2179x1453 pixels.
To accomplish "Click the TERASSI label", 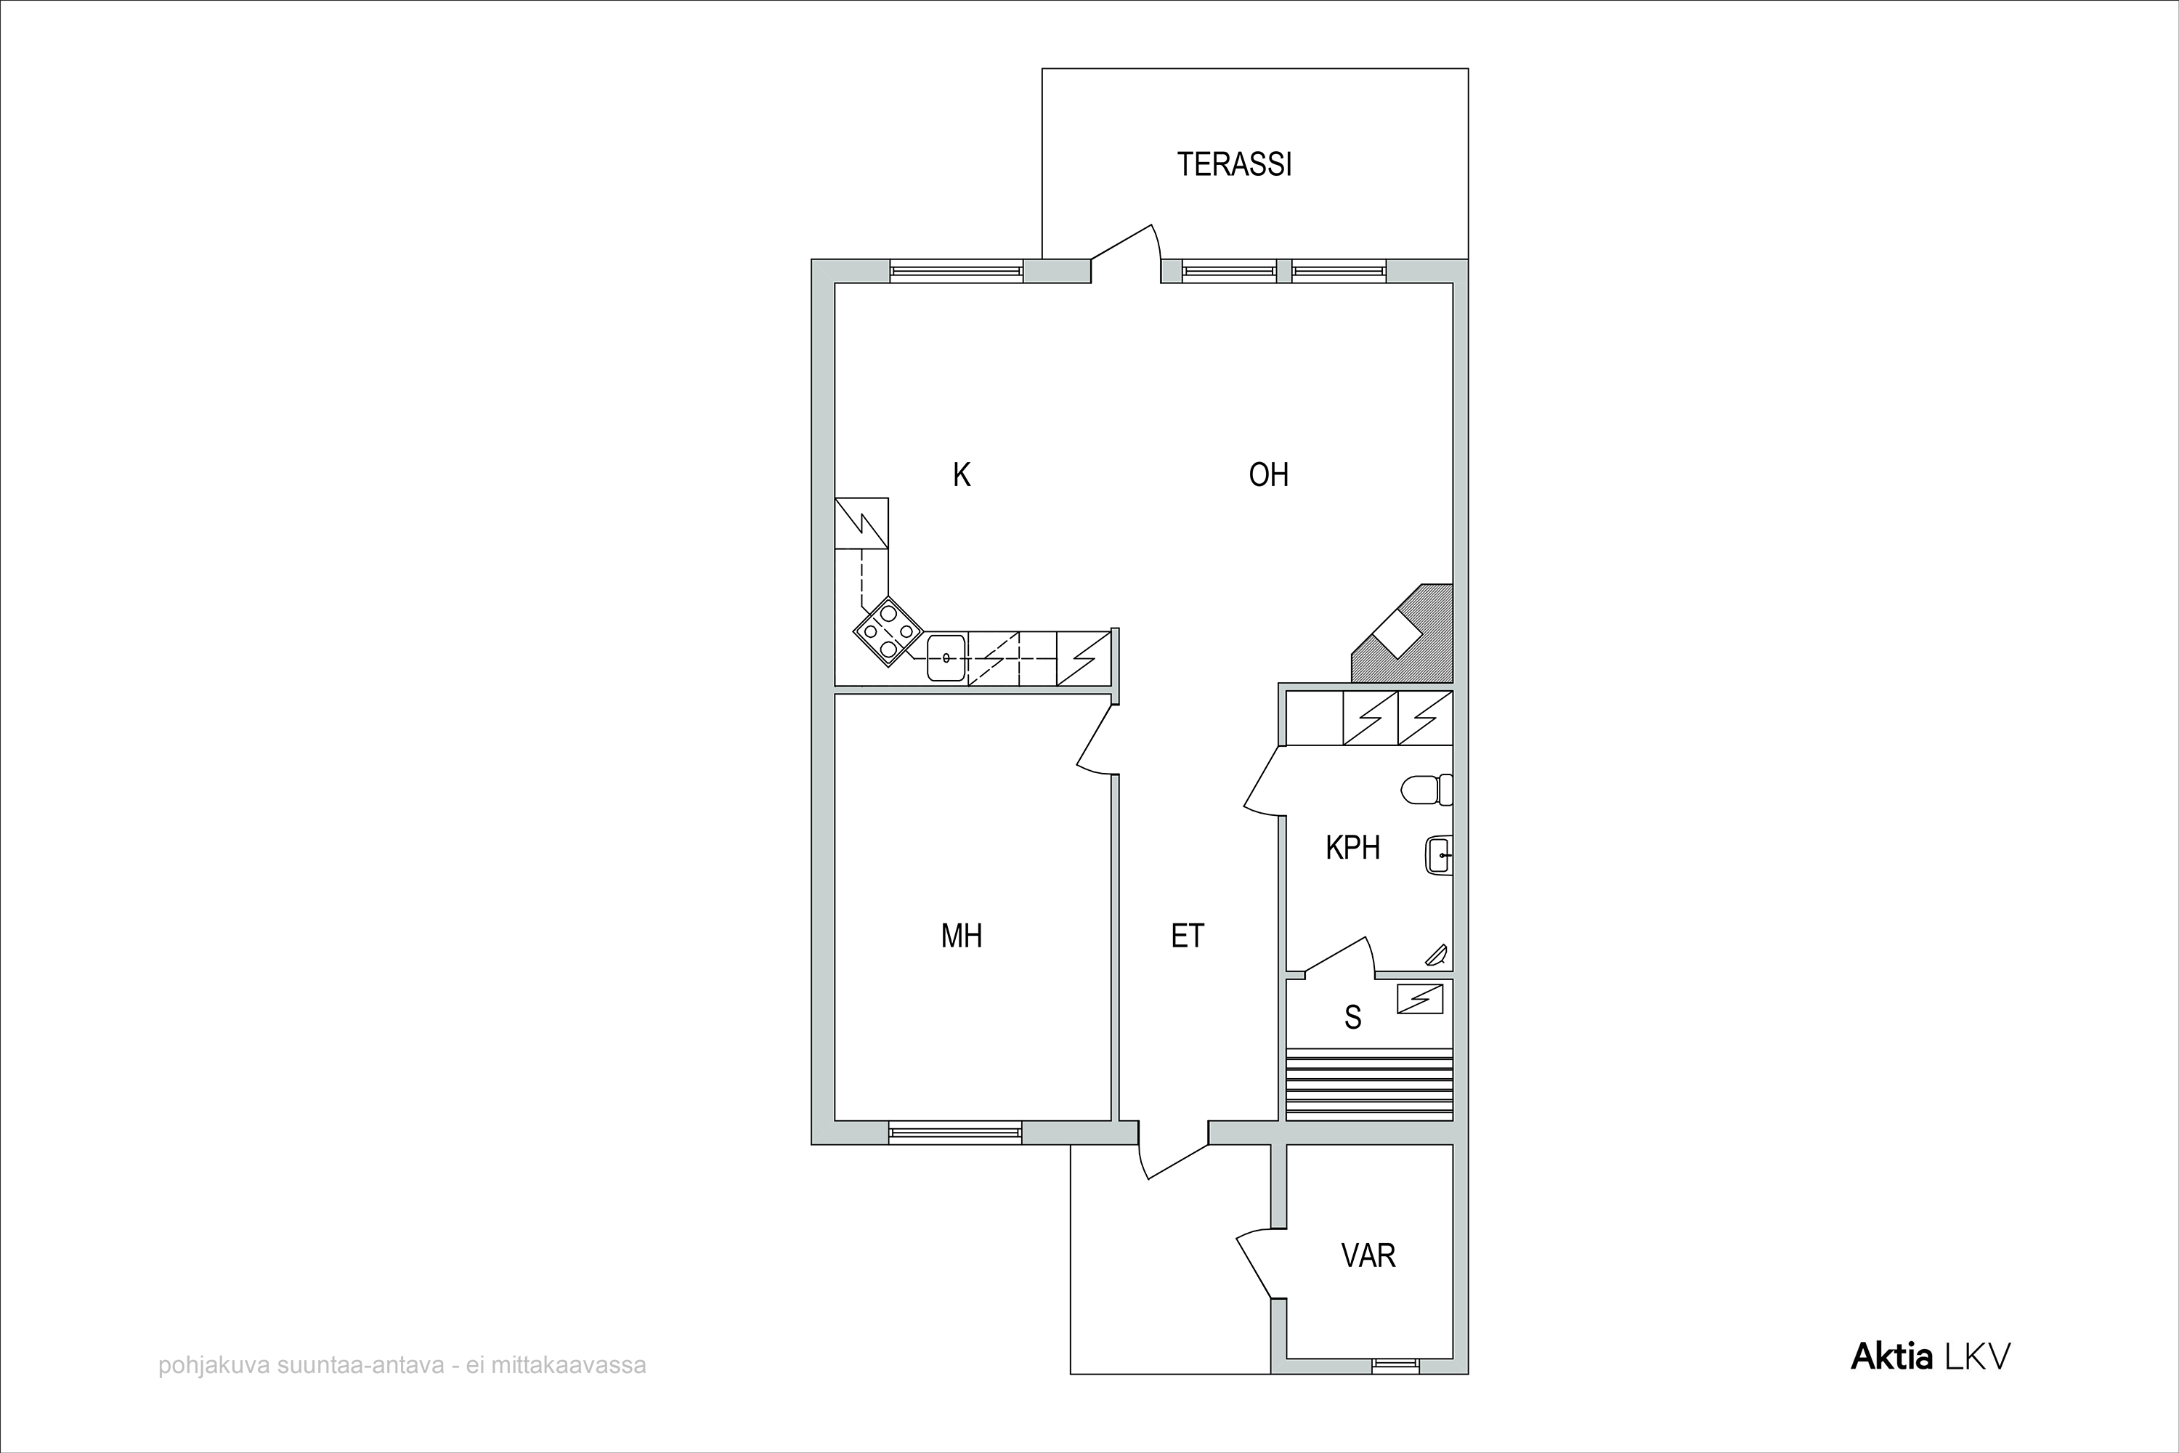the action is (1234, 164).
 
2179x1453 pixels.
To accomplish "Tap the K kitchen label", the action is (962, 475).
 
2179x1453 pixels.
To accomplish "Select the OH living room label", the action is (1268, 475).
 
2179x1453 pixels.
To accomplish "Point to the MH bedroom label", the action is (961, 936).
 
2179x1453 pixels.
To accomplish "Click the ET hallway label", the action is (1188, 936).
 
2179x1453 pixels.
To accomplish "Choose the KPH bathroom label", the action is (1352, 847).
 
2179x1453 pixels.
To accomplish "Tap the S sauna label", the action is (1352, 1018).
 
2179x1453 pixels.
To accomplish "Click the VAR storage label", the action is (1368, 1255).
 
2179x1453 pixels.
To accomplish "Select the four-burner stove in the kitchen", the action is (888, 632).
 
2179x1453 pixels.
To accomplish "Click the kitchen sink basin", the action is (946, 658).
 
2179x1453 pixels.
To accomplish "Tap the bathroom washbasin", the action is (1438, 854).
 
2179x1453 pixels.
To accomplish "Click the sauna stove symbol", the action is (1420, 999).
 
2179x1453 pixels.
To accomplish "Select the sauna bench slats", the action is (1369, 1084).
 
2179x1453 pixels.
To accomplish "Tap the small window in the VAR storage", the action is (1395, 1364).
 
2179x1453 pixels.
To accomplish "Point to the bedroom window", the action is (955, 1133).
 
